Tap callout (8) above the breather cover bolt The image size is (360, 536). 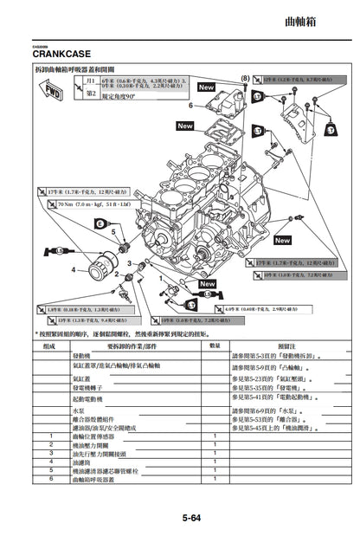tap(245, 79)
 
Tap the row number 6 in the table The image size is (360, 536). tap(51, 479)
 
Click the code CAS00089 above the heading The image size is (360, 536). tap(43, 44)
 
